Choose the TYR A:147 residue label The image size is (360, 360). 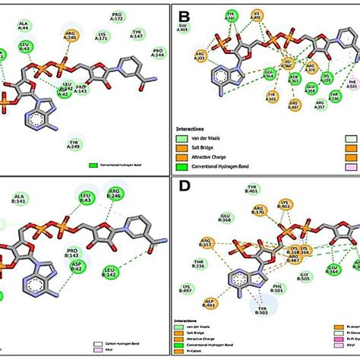[137, 33]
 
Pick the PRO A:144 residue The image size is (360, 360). [158, 52]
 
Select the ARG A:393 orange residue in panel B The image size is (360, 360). [200, 56]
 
